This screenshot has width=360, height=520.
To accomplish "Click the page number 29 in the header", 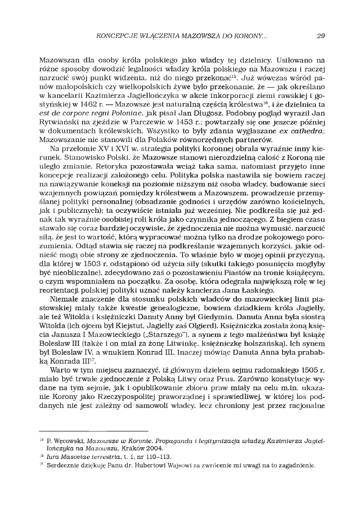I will tap(321, 36).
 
